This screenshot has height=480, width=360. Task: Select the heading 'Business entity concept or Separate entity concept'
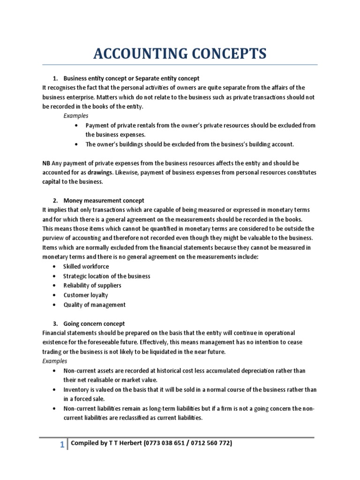[131, 78]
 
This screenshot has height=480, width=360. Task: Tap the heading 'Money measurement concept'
[104, 201]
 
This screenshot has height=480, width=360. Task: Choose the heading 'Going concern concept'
[94, 324]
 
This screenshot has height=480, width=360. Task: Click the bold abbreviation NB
[46, 163]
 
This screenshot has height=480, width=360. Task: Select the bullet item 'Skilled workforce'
[86, 266]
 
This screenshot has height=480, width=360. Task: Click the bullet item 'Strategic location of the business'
[107, 276]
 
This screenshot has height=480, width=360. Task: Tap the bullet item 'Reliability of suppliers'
[92, 285]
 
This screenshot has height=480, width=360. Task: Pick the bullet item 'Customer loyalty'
[86, 295]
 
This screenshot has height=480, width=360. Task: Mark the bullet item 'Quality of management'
[95, 305]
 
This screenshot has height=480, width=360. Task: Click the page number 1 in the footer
[62, 446]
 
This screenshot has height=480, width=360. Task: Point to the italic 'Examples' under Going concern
[55, 361]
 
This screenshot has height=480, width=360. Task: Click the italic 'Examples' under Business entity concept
[76, 116]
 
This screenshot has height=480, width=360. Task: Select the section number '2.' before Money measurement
[55, 201]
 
